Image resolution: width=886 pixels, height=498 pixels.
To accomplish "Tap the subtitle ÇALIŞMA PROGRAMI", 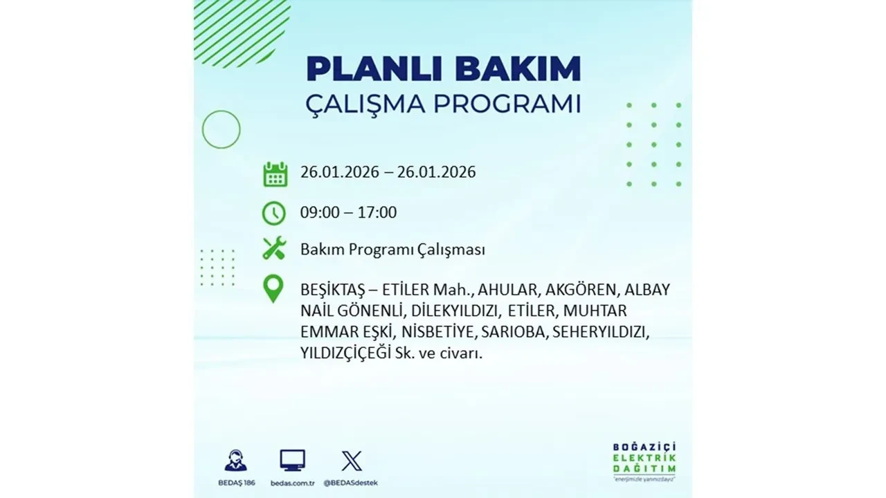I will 443,104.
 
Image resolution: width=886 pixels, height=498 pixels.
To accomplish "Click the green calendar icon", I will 275,174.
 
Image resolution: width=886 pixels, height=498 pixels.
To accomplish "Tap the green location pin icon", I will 274,289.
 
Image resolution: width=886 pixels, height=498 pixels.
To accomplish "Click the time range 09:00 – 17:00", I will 348,212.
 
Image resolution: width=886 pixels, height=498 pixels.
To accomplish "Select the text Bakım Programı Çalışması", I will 392,250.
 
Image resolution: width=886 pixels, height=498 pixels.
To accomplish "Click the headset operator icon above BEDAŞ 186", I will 235,461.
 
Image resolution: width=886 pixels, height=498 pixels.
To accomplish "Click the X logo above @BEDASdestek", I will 351,461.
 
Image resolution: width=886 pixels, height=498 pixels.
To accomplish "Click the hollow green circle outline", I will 221,129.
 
